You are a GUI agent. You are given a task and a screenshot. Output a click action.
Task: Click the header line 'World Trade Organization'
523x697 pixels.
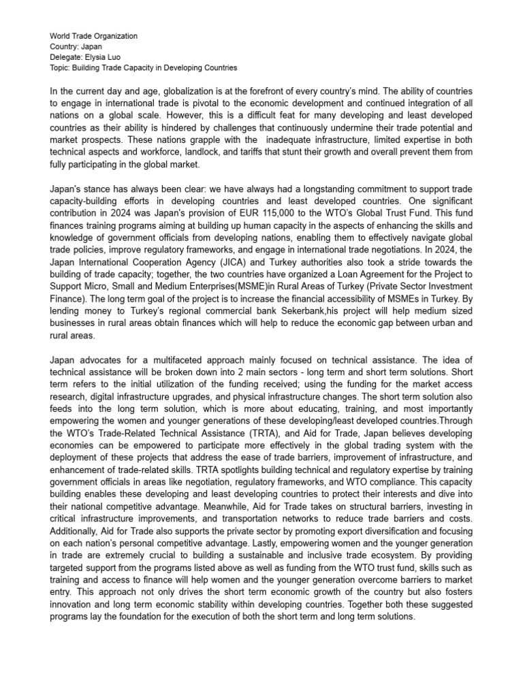click(x=93, y=35)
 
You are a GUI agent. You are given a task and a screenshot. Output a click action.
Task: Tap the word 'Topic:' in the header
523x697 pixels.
click(x=61, y=68)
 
